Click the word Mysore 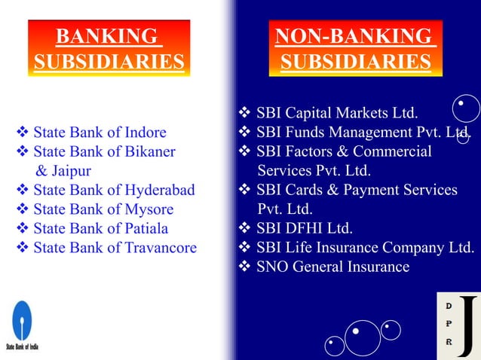[149, 209]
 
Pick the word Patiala [146, 227]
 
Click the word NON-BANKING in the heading [354, 36]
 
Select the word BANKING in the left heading [107, 36]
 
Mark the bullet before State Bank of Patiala [23, 227]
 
